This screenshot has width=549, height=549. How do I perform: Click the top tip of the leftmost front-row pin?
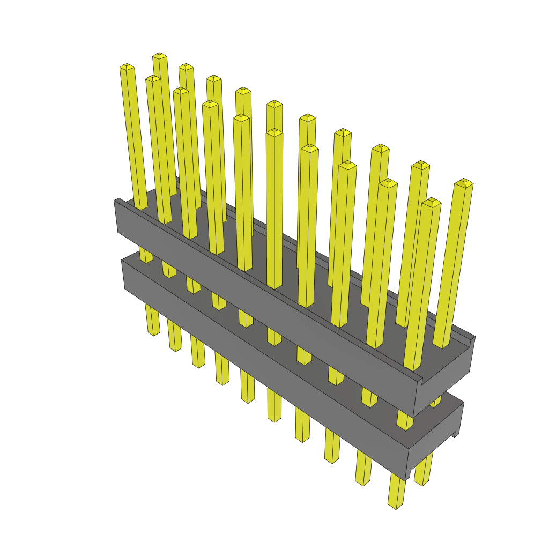tap(127, 67)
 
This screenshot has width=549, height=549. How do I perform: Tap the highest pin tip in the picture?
tap(159, 56)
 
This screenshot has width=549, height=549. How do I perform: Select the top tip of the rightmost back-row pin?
tap(463, 183)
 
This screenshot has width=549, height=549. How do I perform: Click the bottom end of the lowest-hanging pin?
tap(396, 505)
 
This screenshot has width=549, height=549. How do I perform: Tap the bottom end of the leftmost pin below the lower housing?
tap(153, 332)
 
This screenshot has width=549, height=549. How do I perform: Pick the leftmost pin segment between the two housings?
tap(145, 255)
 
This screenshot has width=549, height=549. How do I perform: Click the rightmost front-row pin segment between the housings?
tap(405, 421)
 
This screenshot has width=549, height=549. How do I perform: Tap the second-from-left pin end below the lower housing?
tap(175, 347)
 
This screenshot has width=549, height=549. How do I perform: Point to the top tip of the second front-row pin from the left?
tap(153, 79)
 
